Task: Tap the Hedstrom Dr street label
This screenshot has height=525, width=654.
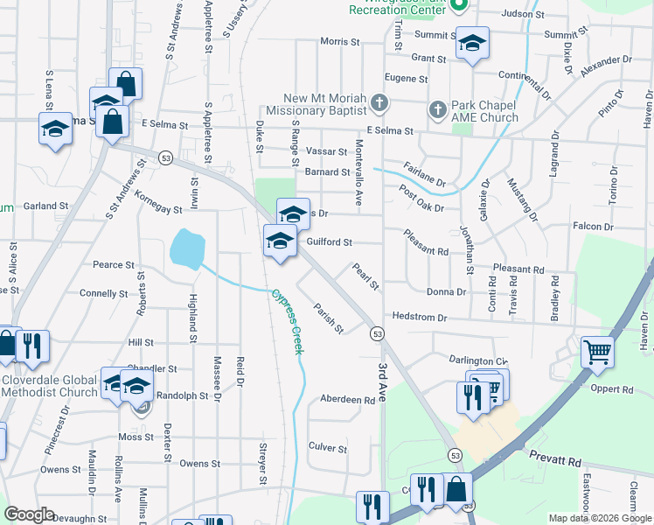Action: click(420, 317)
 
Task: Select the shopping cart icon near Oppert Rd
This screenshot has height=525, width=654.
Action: click(598, 352)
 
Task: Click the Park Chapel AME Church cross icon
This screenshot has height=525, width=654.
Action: click(438, 109)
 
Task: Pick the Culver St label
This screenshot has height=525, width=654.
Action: click(328, 447)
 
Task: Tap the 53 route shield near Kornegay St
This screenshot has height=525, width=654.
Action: click(165, 157)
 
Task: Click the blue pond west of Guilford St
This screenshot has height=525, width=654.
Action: click(186, 249)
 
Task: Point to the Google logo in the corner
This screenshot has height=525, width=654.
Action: click(29, 514)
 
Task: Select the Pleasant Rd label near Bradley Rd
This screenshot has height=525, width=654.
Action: click(518, 270)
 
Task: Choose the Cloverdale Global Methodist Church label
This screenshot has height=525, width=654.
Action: click(49, 386)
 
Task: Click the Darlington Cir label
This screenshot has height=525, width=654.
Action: click(477, 360)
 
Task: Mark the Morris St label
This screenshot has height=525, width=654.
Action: click(340, 41)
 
